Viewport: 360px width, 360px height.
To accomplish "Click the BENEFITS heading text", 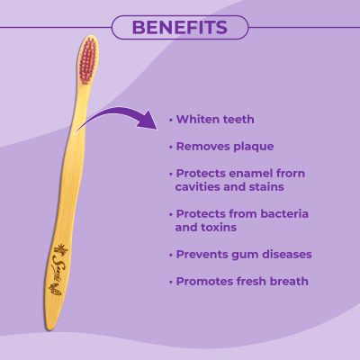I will click(179, 27).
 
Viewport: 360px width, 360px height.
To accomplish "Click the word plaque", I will click(251, 145).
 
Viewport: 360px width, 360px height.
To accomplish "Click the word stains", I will click(265, 186).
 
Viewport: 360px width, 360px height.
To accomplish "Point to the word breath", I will click(288, 282).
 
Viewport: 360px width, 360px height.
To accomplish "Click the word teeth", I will click(239, 119).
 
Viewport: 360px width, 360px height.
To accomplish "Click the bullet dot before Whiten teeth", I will click(171, 120).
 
